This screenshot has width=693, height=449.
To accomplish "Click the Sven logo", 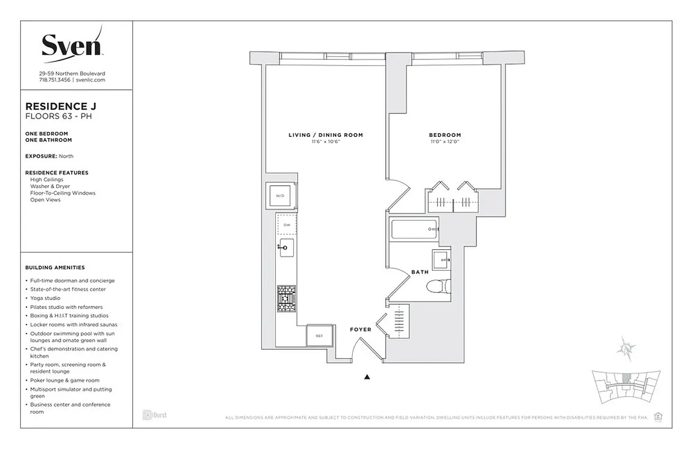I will (72, 43).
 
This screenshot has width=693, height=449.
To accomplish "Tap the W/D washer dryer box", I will (280, 196).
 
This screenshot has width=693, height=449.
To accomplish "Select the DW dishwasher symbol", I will (287, 224).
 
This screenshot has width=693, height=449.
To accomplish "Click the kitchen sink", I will (285, 246).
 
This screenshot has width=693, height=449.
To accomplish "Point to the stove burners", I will (286, 299).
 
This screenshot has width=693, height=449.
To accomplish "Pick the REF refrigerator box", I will (319, 336).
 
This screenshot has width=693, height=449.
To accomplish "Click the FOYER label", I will (361, 329).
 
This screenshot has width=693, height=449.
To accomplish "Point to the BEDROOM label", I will (445, 135).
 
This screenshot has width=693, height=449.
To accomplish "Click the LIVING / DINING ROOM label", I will (326, 135).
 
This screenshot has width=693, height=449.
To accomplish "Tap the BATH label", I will (419, 272).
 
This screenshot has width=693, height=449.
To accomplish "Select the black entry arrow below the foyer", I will (367, 377).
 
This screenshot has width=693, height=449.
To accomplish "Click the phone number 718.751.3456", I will (55, 80).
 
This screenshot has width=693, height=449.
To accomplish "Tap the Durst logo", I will (155, 415).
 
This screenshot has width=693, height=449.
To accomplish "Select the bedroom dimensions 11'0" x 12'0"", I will (445, 142).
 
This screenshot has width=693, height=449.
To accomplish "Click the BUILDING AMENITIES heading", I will (55, 268).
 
